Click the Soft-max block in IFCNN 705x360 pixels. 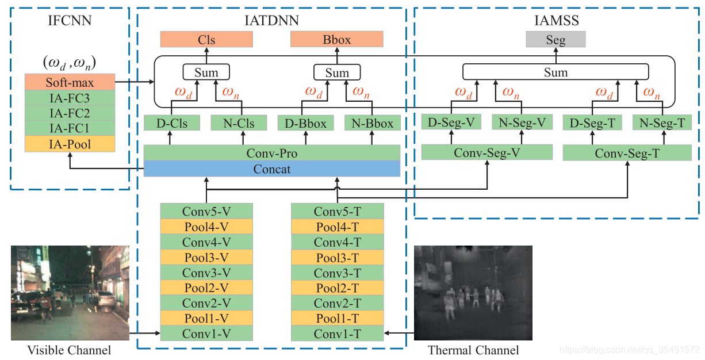click(70, 82)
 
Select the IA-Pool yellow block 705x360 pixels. click(70, 144)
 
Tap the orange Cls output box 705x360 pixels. click(206, 40)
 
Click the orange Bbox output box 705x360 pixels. click(337, 40)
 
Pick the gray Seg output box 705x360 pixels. click(555, 40)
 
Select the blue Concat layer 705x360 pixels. click(271, 169)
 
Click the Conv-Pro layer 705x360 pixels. click(271, 154)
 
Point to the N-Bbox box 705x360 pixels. click(372, 123)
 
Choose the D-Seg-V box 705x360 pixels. click(451, 122)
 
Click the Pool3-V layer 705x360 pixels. click(206, 257)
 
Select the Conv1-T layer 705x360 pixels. click(337, 334)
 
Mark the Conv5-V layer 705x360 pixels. click(206, 211)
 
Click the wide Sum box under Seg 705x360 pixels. click(555, 72)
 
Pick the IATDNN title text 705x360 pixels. click(271, 22)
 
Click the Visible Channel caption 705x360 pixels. click(70, 350)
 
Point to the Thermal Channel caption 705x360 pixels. click(473, 350)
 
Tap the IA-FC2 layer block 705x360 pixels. click(70, 113)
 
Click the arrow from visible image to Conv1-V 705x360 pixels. click(144, 333)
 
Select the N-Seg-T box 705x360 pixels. click(661, 122)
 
